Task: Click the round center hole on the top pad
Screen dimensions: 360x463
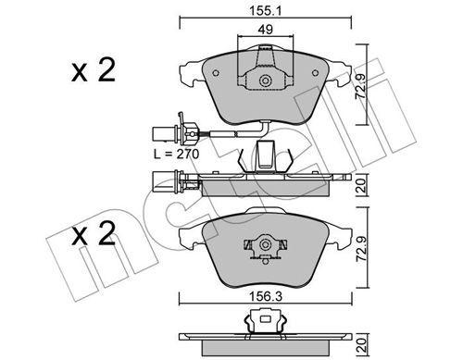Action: pos(267,81)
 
